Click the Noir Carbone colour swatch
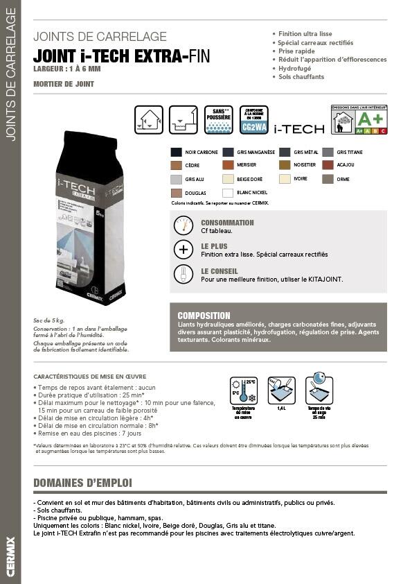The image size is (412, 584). tap(177, 152)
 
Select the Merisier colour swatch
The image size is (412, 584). tap(229, 165)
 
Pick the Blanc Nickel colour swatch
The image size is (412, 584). tap(229, 193)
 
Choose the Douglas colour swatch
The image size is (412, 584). tap(177, 193)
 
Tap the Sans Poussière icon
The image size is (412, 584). tap(218, 119)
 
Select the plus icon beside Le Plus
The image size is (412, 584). tap(183, 250)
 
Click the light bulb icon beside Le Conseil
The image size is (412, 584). tap(183, 275)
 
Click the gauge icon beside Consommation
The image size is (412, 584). tap(183, 226)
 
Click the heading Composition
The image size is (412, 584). tap(204, 316)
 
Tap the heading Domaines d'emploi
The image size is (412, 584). tap(82, 483)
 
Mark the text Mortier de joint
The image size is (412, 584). tap(64, 84)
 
